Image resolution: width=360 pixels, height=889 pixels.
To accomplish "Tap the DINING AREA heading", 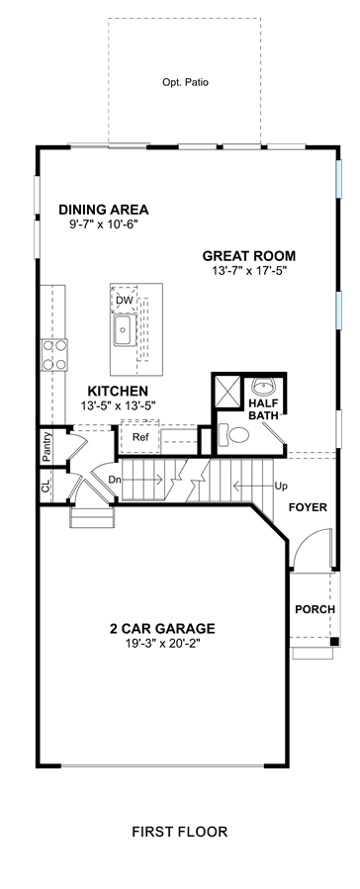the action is point(104,210).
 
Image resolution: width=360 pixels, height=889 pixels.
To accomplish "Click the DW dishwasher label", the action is point(123,300).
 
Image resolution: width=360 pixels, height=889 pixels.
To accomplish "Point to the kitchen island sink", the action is point(123,330).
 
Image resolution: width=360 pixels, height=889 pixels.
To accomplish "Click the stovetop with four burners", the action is point(53,355).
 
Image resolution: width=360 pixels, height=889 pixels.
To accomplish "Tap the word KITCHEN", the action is point(118,392).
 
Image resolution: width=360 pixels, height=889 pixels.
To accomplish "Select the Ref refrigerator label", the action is point(139,437).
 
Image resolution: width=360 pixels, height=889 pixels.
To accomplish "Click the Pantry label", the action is point(47,447).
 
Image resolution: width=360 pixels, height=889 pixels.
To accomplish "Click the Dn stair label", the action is point(115,480).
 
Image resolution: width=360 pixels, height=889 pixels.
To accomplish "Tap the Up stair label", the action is point(280,486).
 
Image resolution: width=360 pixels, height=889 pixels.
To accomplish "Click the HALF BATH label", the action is point(263,409).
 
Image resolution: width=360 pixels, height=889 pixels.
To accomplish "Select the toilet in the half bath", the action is point(233,435).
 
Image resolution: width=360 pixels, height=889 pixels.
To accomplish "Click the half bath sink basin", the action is point(264,388).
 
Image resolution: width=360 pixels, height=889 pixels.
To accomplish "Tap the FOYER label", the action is point(308,507).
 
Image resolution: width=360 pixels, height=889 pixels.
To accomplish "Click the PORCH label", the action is point(315,609).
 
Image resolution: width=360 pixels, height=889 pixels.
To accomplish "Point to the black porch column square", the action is point(335,642).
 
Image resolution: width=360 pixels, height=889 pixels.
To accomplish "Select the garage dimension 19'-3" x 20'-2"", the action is point(162,644).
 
